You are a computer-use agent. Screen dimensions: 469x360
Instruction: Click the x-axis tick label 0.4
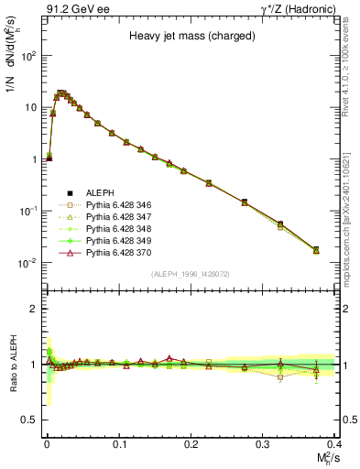(x=334, y=443)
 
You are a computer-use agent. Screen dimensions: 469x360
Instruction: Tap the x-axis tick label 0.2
(x=191, y=443)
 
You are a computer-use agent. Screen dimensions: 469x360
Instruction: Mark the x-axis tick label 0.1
(x=119, y=443)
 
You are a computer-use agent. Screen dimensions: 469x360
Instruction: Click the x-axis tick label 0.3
(x=263, y=443)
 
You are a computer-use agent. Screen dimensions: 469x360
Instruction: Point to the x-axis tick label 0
(x=47, y=443)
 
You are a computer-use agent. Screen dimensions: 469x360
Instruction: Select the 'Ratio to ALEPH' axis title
(x=13, y=364)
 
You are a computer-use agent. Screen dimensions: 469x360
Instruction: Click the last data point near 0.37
(x=316, y=249)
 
